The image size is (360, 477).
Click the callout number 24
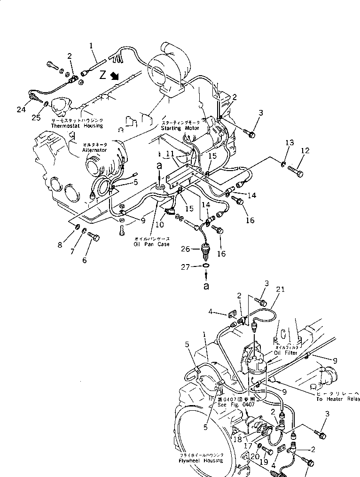[20, 110]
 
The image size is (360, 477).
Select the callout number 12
[305, 151]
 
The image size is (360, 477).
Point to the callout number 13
[290, 143]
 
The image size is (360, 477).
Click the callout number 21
[281, 290]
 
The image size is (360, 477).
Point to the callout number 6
[85, 260]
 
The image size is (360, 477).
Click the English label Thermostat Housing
[77, 126]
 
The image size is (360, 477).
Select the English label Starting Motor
[180, 128]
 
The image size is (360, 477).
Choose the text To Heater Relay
[338, 399]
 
